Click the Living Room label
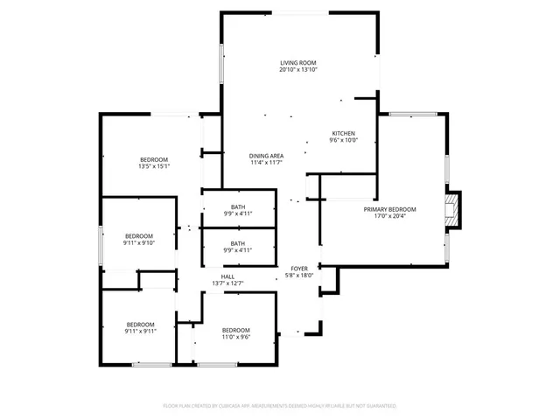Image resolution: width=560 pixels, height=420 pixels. point(297,63)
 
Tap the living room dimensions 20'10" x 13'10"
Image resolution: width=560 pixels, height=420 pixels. point(297,70)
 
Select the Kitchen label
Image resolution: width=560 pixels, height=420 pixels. point(343,133)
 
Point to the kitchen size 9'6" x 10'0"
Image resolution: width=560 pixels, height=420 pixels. point(343,140)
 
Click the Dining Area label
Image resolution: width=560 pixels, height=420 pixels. point(266,155)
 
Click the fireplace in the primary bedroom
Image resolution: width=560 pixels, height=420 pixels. point(452,211)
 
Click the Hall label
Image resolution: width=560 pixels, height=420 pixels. point(227,276)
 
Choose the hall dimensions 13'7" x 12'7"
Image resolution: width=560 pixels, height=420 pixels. point(227,283)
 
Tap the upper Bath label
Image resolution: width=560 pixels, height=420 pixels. point(238,206)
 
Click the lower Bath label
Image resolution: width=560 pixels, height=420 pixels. point(238,243)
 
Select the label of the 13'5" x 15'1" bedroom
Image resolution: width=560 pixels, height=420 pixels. point(153,159)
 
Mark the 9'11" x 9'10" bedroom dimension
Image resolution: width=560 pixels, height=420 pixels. point(139,243)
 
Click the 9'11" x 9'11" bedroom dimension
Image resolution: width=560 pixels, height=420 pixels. point(139,331)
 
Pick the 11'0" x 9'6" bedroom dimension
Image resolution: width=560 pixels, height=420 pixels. point(236,336)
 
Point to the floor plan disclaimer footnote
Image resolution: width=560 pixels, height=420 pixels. point(280,406)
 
